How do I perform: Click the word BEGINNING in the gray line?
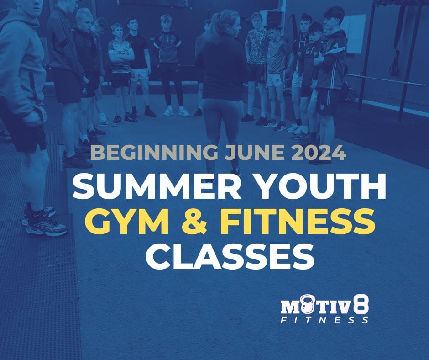(138, 152)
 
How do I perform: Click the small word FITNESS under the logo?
(324, 320)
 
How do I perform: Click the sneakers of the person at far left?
(43, 222)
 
